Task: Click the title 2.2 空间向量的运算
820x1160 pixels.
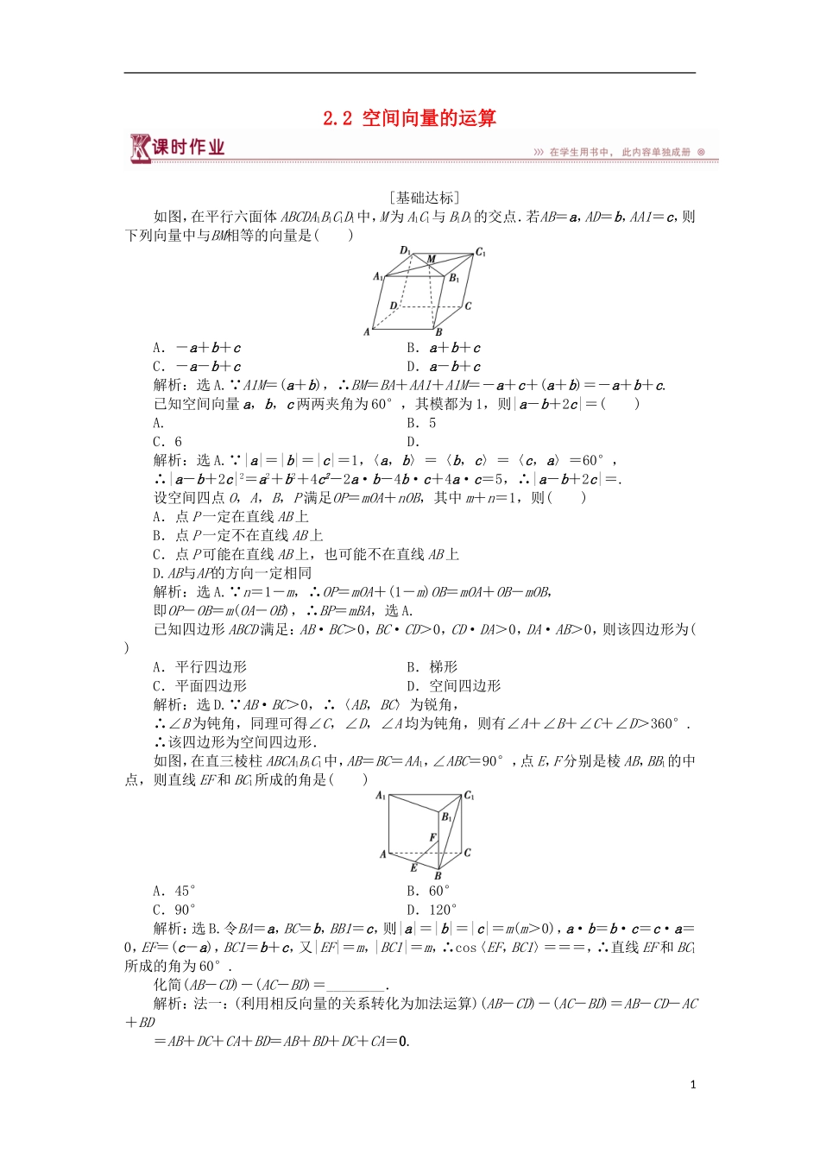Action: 409,118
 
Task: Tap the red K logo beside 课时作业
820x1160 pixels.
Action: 139,148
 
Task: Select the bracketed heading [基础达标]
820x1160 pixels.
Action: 424,198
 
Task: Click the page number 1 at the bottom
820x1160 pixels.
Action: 692,1085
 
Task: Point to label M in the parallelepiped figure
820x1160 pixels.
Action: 432,259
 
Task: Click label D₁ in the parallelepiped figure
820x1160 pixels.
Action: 405,250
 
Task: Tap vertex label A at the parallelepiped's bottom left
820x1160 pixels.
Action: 367,331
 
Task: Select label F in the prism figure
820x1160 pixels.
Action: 432,837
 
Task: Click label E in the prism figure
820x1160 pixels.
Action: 413,867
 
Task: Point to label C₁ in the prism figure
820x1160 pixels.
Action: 469,796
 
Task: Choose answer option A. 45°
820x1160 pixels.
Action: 174,891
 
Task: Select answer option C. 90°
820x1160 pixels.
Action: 174,910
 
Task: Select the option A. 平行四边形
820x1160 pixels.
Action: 199,667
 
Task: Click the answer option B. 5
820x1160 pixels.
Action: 421,423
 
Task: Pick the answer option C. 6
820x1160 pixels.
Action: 167,442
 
